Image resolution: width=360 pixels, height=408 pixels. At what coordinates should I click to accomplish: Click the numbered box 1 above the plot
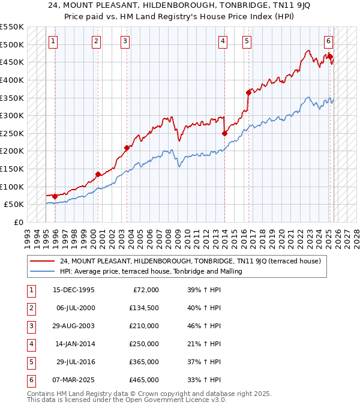pos(53,41)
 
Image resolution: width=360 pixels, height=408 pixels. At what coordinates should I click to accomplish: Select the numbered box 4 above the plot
pos(223,41)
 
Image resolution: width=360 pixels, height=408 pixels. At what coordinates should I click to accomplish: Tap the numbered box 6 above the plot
pos(329,41)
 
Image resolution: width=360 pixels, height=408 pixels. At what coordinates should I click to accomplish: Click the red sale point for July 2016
pos(248,92)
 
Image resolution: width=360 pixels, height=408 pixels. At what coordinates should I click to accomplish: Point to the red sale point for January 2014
pos(224,133)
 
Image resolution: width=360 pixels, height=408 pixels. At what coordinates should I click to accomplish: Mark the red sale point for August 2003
pos(127,148)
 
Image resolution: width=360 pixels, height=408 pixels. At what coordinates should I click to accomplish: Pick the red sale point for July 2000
pos(97,174)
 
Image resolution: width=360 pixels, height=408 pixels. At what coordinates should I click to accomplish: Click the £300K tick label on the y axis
pos(12,115)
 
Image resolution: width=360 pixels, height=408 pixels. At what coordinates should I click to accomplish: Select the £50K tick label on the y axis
pos(14,205)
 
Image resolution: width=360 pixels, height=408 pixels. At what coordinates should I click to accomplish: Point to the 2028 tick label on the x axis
pos(357,235)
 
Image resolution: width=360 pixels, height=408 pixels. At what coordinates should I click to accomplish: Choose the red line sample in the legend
pos(42,261)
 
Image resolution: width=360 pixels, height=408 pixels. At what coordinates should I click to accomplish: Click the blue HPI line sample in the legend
pos(42,271)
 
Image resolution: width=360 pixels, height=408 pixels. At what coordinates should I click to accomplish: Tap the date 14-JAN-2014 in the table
pos(74,344)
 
